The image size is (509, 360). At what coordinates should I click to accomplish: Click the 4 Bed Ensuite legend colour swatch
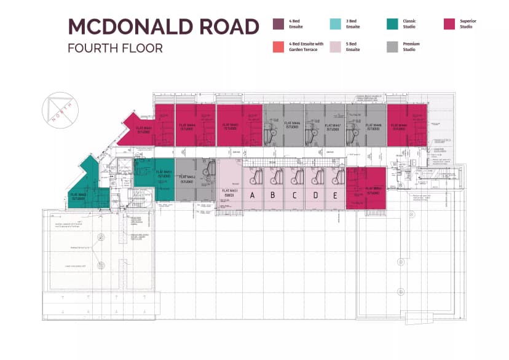[x=278, y=24]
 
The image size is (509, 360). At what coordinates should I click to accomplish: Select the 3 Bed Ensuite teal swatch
[x=335, y=24]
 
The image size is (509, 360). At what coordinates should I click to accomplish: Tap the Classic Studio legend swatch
[x=392, y=24]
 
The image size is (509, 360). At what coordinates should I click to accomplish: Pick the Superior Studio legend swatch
[x=449, y=24]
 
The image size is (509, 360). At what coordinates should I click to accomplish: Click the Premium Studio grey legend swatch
[x=392, y=47]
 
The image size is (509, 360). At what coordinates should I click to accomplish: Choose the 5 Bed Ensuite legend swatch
[x=335, y=47]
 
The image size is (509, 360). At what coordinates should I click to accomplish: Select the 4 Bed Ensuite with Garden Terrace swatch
[x=278, y=47]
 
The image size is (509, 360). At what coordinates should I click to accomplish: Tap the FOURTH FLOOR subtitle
[x=116, y=48]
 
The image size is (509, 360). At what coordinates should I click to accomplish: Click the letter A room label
[x=251, y=196]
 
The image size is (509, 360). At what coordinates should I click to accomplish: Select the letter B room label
[x=274, y=196]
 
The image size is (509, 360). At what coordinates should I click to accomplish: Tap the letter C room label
[x=294, y=196]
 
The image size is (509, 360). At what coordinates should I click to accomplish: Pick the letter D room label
[x=315, y=196]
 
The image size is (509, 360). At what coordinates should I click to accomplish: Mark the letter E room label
[x=335, y=196]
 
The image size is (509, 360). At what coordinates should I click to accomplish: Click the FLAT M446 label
[x=292, y=124]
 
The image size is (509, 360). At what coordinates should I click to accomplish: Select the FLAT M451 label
[x=229, y=193]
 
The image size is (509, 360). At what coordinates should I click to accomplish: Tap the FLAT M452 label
[x=187, y=178]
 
